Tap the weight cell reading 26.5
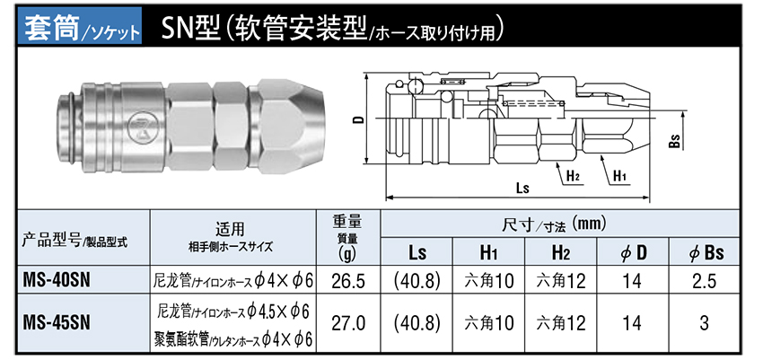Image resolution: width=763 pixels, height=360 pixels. (x=348, y=280)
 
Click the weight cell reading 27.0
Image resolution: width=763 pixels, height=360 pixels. (x=348, y=322)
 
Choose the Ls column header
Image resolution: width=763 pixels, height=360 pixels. (x=417, y=253)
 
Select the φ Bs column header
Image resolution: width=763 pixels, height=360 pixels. (x=706, y=253)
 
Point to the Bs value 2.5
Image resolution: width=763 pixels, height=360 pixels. (x=706, y=280)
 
